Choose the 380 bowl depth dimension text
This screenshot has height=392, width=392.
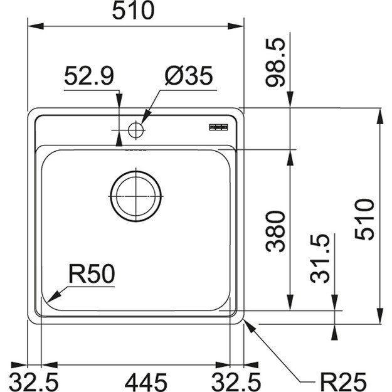pyautogui.click(x=276, y=230)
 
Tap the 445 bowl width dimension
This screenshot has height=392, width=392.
pyautogui.click(x=136, y=380)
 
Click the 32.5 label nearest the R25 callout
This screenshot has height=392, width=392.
pyautogui.click(x=239, y=380)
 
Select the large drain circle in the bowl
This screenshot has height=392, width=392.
pyautogui.click(x=136, y=196)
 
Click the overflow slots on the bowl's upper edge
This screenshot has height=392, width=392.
pyautogui.click(x=135, y=151)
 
